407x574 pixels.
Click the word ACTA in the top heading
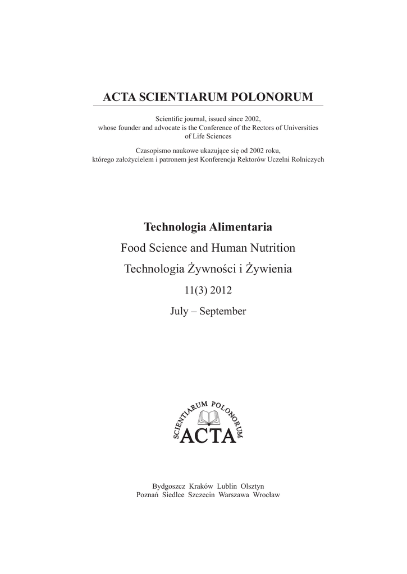[120, 97]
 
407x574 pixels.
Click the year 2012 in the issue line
[220, 290]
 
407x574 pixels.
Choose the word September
[223, 311]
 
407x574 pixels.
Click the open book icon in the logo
[207, 417]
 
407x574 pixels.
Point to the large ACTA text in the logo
[207, 435]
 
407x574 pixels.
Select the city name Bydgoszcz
[168, 486]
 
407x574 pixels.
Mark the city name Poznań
[148, 495]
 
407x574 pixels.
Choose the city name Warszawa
[234, 495]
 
